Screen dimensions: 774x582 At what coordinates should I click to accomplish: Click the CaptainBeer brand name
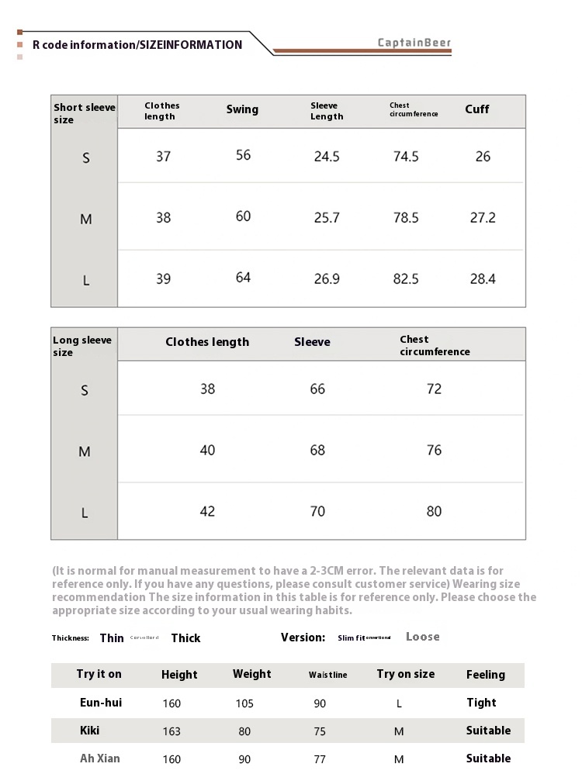tap(414, 43)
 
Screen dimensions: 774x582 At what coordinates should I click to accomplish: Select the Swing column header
tap(242, 109)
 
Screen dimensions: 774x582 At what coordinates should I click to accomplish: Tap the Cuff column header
tap(477, 109)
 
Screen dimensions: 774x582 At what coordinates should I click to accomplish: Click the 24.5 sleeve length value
tap(327, 157)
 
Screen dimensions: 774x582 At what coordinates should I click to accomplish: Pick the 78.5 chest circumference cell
tap(406, 218)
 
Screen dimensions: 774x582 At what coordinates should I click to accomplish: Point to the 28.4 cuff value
tap(483, 278)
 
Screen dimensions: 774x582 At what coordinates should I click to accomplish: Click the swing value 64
tap(243, 278)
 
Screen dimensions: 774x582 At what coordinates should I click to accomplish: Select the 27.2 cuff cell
tap(483, 218)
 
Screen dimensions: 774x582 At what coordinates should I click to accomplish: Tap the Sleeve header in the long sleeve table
tap(312, 342)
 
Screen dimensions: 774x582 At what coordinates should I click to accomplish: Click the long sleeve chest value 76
tap(434, 450)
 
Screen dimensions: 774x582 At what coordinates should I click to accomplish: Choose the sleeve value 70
tap(317, 511)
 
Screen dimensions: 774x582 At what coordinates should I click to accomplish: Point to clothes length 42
tap(207, 511)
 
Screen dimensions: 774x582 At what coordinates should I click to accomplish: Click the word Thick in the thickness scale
tap(185, 638)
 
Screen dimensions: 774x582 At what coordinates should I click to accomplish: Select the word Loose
tap(422, 637)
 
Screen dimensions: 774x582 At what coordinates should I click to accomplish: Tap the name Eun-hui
tap(101, 703)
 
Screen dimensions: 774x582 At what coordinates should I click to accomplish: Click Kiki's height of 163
tap(171, 731)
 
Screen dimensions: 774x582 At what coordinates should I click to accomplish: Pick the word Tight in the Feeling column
tap(481, 703)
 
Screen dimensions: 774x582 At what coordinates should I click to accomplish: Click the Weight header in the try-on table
tap(252, 674)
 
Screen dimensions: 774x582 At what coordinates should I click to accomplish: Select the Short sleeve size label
tap(84, 113)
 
